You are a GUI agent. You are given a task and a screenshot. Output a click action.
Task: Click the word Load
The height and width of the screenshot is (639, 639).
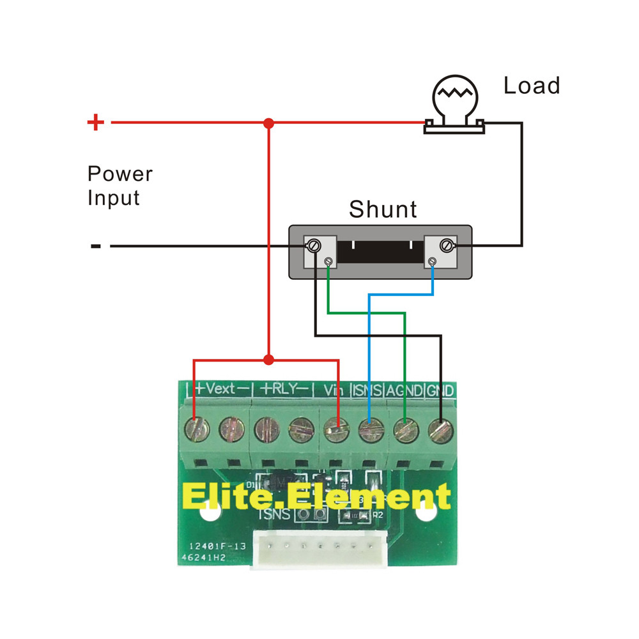click(532, 86)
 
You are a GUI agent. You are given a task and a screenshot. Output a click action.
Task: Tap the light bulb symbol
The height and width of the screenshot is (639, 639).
click(455, 102)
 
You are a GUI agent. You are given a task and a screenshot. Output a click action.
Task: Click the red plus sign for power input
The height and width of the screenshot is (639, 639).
click(95, 122)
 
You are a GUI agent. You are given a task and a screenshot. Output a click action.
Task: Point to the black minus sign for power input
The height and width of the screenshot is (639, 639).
click(96, 245)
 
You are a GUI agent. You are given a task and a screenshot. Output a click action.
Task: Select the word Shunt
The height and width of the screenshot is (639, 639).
click(383, 209)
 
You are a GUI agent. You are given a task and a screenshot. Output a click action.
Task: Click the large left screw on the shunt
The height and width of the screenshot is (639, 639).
click(314, 245)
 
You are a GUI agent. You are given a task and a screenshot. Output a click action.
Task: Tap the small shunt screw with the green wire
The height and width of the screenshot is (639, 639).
click(328, 261)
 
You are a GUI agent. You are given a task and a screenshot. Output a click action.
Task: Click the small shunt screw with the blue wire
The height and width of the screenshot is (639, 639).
click(433, 261)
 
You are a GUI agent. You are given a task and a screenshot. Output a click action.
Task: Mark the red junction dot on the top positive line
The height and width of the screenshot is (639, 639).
click(269, 122)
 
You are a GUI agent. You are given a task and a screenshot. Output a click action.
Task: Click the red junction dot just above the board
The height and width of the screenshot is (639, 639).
click(269, 360)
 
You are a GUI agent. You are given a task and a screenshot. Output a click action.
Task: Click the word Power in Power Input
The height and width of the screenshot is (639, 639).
click(120, 174)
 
